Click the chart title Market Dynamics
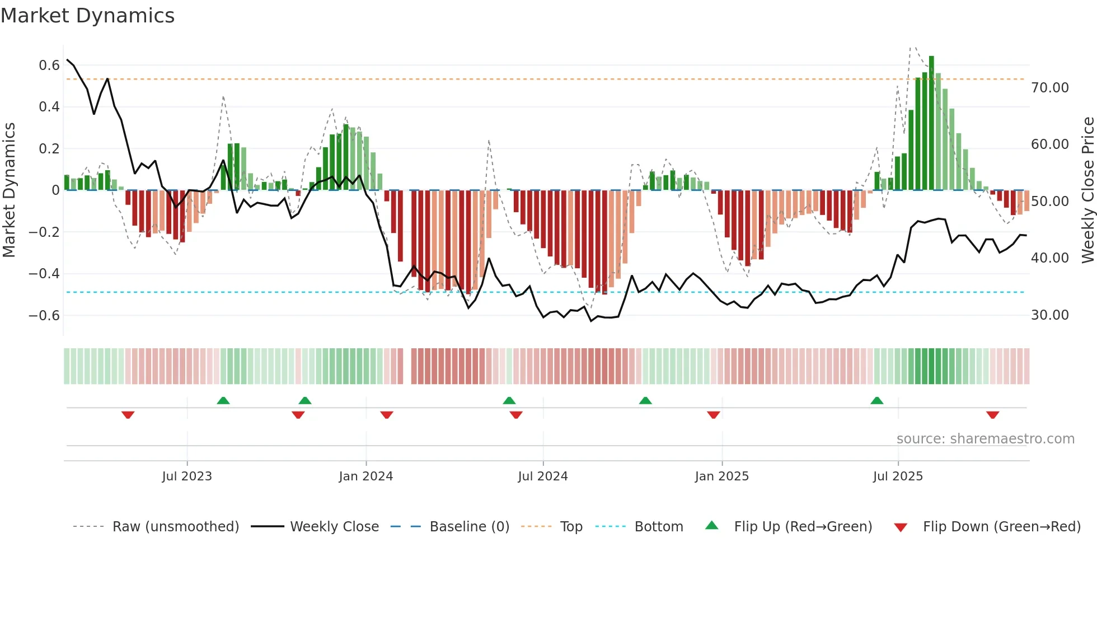tap(87, 16)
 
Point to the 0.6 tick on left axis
tap(49, 66)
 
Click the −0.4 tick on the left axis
tap(44, 274)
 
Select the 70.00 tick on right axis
tap(1049, 88)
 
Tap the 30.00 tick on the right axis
tap(1049, 315)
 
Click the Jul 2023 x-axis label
tap(187, 476)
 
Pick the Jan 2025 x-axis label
tap(721, 476)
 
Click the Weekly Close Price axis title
tap(1087, 190)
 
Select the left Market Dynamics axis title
tap(10, 190)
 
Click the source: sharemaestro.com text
tap(985, 439)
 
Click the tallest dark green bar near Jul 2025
tap(931, 123)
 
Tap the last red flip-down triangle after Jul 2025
tap(993, 415)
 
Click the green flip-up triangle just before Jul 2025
tap(877, 400)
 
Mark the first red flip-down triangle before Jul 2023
tap(128, 415)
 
